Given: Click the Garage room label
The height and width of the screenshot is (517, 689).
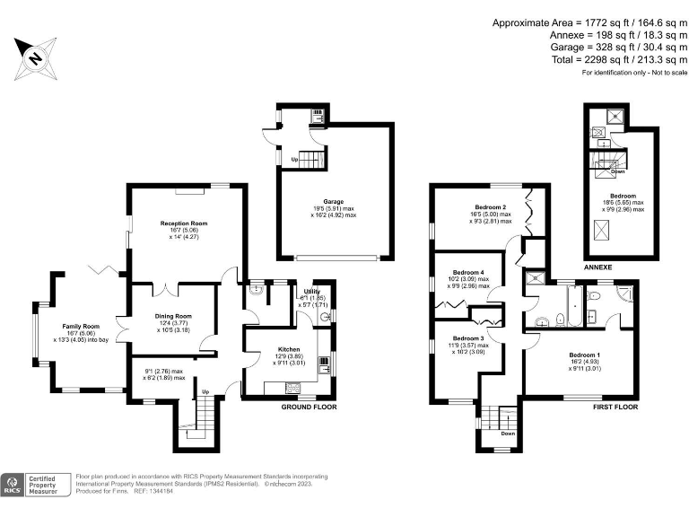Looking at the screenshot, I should pyautogui.click(x=334, y=202).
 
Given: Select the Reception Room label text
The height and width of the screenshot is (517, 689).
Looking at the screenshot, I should pyautogui.click(x=184, y=223).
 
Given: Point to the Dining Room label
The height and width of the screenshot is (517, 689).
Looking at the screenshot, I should pyautogui.click(x=170, y=316).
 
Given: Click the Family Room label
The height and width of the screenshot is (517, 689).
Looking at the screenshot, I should pyautogui.click(x=81, y=326).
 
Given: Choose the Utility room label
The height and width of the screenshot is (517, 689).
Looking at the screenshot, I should pyautogui.click(x=311, y=292).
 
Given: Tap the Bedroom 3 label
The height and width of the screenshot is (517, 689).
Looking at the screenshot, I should pyautogui.click(x=468, y=338).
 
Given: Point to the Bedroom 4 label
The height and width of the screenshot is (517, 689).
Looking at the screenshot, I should pyautogui.click(x=468, y=272).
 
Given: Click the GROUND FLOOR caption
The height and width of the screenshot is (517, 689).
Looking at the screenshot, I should pyautogui.click(x=302, y=407).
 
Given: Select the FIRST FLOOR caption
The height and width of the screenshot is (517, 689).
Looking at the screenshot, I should pyautogui.click(x=615, y=407).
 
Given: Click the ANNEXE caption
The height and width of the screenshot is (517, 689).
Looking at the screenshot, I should pyautogui.click(x=597, y=267).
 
